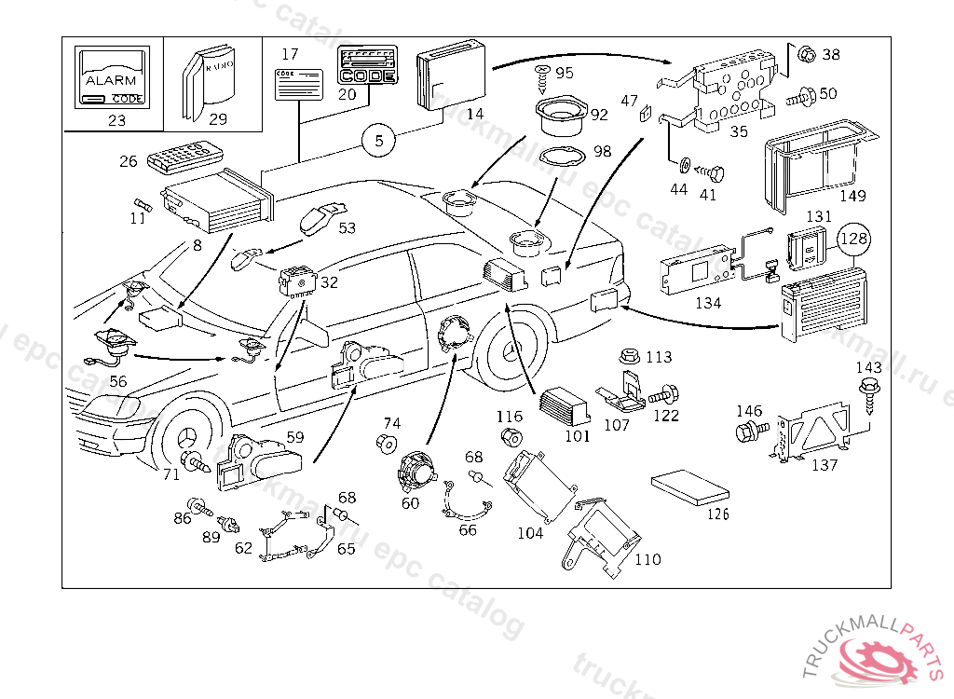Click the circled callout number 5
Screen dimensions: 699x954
click(x=379, y=142)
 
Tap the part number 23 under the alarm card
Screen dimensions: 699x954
click(x=116, y=119)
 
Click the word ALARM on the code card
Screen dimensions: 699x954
click(x=110, y=81)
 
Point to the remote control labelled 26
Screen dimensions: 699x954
click(x=182, y=156)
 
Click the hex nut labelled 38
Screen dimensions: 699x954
click(x=807, y=54)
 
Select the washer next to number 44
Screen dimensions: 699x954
click(x=684, y=167)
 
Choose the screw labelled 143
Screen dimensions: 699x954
click(x=870, y=389)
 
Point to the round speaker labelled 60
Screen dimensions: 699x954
click(x=419, y=471)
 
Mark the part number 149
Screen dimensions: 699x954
click(x=852, y=196)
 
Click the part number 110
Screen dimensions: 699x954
click(x=647, y=559)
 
